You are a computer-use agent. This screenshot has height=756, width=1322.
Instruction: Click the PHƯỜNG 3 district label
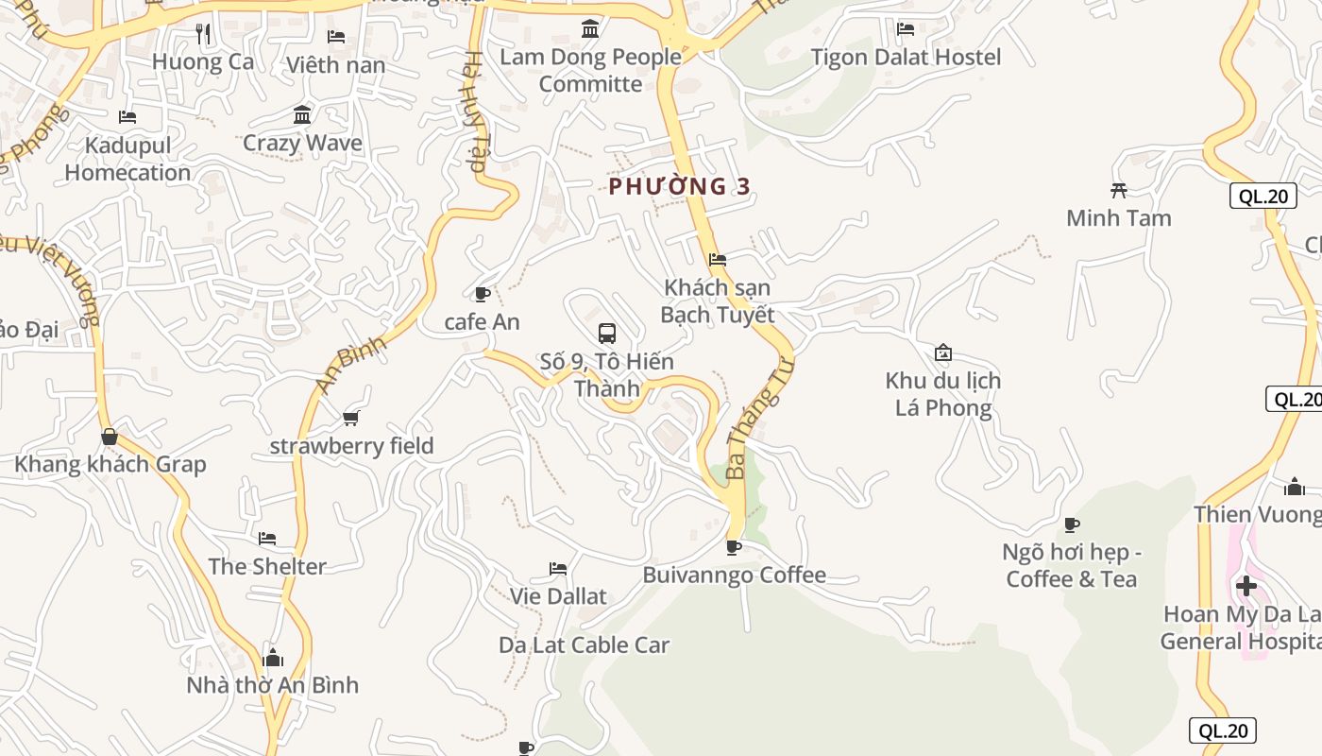(x=679, y=186)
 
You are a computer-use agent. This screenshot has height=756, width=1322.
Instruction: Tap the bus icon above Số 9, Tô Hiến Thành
(x=607, y=334)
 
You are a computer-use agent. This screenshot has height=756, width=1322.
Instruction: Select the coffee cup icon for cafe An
(x=483, y=294)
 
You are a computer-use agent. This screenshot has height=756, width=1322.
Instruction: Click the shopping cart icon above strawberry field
(x=351, y=418)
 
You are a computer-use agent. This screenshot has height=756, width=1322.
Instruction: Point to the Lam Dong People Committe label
(x=590, y=70)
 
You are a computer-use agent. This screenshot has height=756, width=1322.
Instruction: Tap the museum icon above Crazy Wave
(x=302, y=115)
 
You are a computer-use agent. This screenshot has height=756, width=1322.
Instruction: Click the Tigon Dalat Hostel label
(x=906, y=57)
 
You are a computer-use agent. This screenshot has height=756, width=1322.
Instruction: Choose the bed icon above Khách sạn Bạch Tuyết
(x=718, y=259)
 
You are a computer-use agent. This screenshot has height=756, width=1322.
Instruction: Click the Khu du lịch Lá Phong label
(x=942, y=394)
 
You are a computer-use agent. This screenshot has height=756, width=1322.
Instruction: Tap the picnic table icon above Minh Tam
(x=1119, y=190)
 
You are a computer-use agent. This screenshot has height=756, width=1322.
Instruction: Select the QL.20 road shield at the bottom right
(x=1223, y=730)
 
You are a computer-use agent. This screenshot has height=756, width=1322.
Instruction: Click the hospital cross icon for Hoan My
(x=1246, y=586)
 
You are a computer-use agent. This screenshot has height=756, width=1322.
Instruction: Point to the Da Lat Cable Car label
(x=584, y=645)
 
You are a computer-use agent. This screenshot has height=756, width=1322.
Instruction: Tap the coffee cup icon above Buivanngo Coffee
(x=733, y=546)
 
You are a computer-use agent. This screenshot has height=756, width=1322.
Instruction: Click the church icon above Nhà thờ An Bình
(x=273, y=657)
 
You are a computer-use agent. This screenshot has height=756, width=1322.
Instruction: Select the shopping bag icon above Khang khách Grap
(x=110, y=437)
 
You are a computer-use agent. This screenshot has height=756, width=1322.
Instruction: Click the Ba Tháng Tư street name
(x=756, y=415)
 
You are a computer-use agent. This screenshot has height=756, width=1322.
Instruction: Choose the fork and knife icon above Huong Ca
(x=202, y=35)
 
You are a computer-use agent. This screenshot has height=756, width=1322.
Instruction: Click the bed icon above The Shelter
(x=267, y=539)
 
